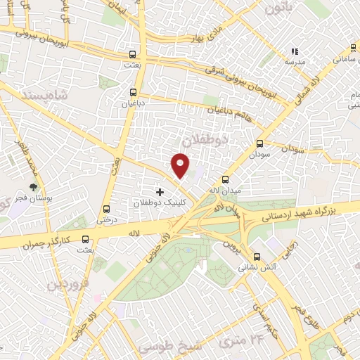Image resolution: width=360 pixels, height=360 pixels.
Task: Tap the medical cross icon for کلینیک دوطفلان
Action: (160, 191)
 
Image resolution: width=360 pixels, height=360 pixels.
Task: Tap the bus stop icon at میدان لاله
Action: (225, 179)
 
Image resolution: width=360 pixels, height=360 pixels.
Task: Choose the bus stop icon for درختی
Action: (106, 209)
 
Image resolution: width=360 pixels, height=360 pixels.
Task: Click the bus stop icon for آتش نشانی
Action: (257, 257)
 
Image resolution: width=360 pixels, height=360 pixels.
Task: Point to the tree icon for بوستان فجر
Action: (33, 187)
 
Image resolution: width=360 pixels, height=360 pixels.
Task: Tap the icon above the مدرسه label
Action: (295, 51)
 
